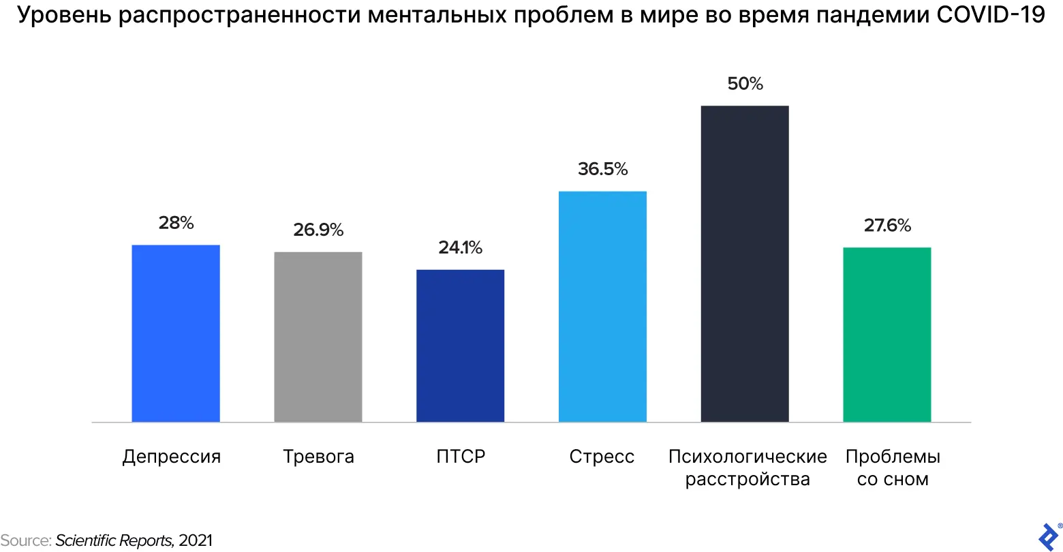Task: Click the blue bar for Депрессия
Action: point(176,333)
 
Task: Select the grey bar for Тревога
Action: point(318,337)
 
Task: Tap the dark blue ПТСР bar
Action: point(461,346)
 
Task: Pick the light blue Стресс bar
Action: point(602,307)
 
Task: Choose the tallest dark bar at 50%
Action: point(745,264)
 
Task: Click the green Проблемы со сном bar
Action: point(887,335)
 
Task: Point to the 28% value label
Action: point(176,223)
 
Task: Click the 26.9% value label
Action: point(318,230)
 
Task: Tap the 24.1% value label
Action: point(461,248)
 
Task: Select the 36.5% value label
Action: point(603,169)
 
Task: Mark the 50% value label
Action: point(745,84)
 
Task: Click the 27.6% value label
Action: point(887,226)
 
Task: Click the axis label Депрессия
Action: point(172,457)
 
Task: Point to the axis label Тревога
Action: point(318,457)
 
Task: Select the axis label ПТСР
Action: point(461,457)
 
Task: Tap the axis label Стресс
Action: point(602,457)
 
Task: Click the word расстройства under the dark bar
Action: point(748,480)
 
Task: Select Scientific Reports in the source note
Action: point(114,541)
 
